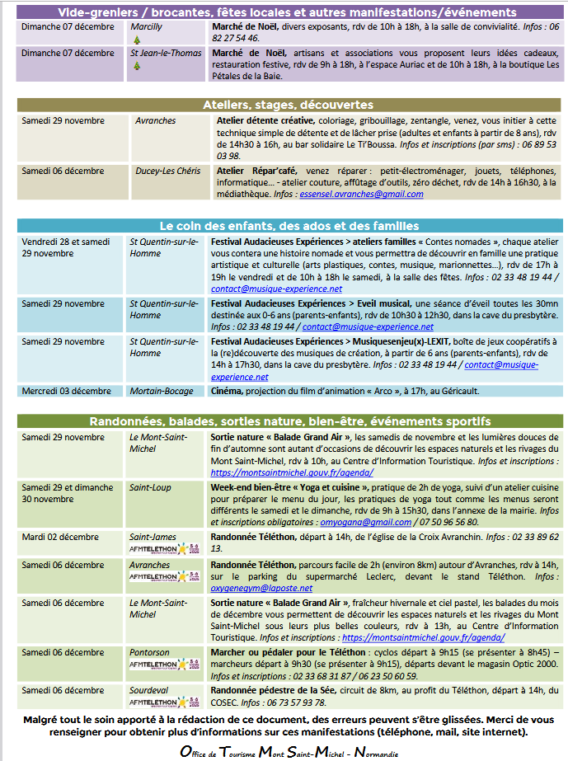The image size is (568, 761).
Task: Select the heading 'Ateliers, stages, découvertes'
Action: click(x=288, y=105)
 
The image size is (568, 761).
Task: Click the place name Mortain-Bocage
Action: click(x=161, y=391)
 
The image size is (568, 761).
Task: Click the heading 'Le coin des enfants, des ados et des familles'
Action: click(x=289, y=225)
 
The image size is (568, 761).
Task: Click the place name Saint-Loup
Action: click(x=150, y=487)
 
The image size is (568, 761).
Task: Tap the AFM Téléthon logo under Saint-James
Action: click(x=163, y=548)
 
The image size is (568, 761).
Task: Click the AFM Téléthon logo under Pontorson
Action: click(x=163, y=664)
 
